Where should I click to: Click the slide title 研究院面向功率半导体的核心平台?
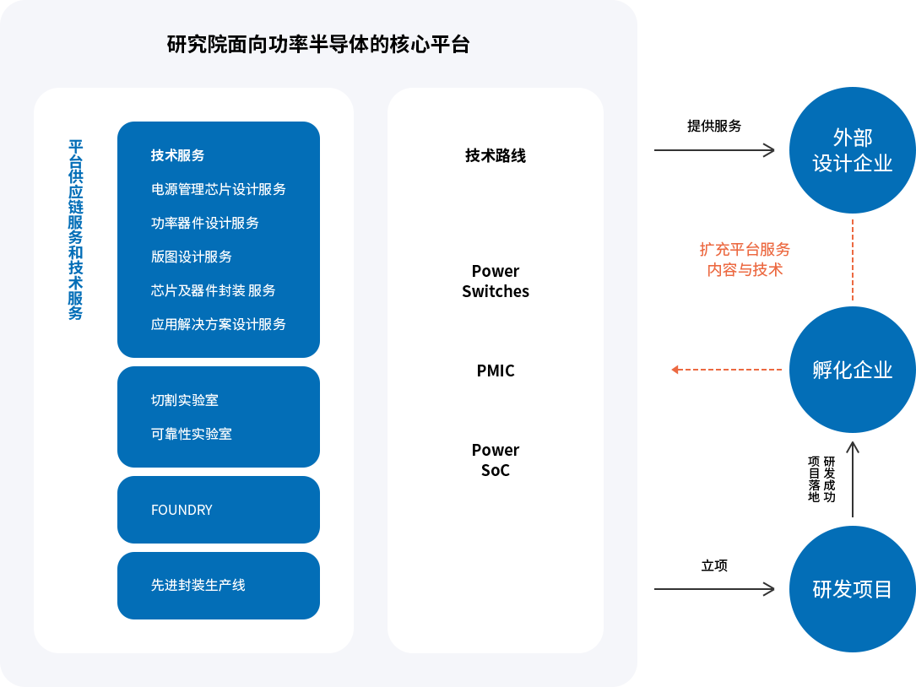(318, 44)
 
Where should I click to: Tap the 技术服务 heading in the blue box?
(177, 155)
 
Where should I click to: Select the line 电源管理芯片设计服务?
(219, 189)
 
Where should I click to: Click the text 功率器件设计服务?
(205, 223)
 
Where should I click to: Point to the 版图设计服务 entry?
(192, 257)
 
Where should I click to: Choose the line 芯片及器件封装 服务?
(214, 290)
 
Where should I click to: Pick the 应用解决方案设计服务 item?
(219, 324)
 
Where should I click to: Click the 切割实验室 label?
(185, 400)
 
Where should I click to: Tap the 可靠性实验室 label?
(192, 434)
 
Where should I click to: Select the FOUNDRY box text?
(182, 510)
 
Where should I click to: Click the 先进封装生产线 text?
(198, 585)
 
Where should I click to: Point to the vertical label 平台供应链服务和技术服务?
(75, 230)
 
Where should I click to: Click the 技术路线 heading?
(496, 155)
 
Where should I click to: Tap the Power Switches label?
(496, 281)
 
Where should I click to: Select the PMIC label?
(496, 371)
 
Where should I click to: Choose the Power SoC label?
(496, 460)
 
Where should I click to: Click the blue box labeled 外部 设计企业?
(852, 149)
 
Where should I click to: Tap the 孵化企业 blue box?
(852, 370)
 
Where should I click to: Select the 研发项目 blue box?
(852, 588)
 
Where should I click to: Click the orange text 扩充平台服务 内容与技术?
(745, 259)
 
